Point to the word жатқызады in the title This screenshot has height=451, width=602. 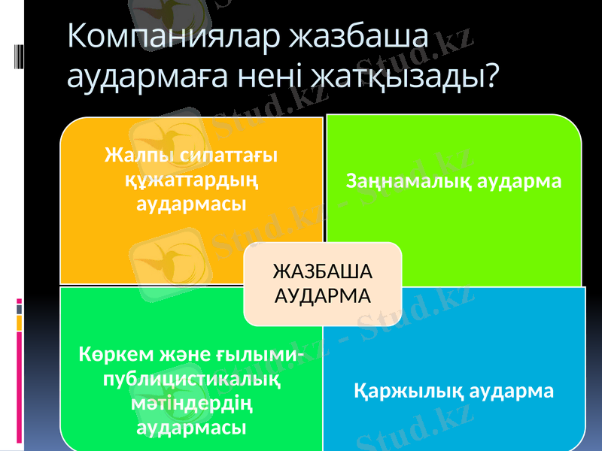pyautogui.click(x=409, y=76)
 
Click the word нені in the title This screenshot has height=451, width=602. pyautogui.click(x=280, y=76)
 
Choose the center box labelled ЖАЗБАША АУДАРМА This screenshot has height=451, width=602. pyautogui.click(x=322, y=283)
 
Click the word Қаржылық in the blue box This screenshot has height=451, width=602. pyautogui.click(x=409, y=392)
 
